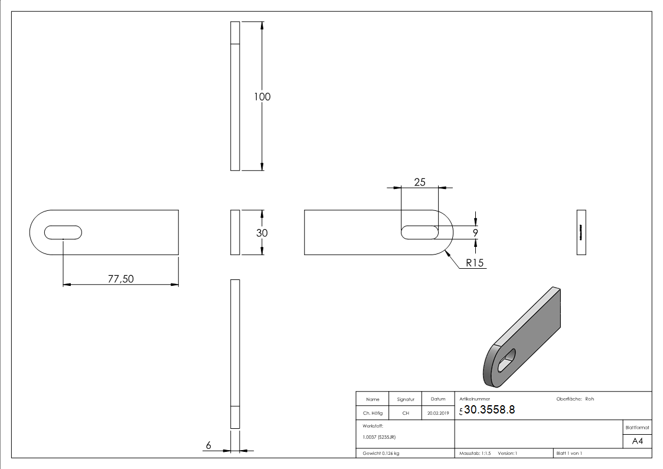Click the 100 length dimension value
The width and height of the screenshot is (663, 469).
(262, 97)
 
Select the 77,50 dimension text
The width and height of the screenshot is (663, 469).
(120, 279)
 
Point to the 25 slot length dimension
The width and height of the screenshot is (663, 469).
(419, 182)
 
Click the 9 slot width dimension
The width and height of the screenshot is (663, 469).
(475, 233)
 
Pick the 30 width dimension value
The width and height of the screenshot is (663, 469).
(262, 233)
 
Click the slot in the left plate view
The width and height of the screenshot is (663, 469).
(63, 232)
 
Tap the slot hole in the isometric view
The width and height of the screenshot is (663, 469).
(507, 359)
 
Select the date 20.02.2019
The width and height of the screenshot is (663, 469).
(437, 413)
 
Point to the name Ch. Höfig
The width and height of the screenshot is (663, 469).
(372, 413)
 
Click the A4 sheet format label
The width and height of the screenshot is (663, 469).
(637, 441)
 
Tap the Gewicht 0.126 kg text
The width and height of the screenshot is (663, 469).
(381, 453)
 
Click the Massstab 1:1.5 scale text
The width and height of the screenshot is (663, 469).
(475, 453)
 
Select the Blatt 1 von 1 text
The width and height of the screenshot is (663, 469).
(569, 453)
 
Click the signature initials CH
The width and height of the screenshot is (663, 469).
(406, 413)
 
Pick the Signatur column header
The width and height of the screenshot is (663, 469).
(406, 399)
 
